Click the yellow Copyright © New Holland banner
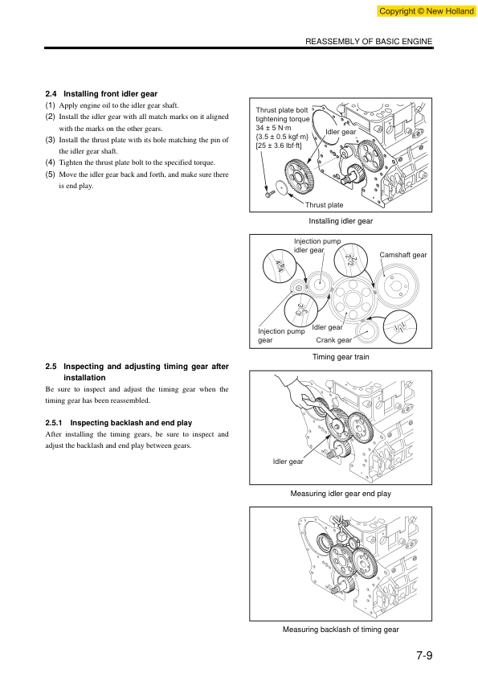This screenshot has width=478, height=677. point(427,11)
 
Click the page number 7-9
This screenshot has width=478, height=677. point(424,655)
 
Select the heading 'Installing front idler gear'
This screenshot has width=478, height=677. point(110,94)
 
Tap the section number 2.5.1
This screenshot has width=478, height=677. point(54,423)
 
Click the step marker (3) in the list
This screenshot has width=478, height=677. point(51,139)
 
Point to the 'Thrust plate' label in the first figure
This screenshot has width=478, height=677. point(324,205)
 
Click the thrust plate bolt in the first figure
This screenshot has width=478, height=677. point(269,195)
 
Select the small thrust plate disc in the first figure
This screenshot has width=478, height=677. point(281,187)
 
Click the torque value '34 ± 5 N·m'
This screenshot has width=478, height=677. point(273,128)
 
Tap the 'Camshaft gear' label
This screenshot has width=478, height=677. point(403,255)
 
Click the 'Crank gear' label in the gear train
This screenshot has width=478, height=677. point(333,340)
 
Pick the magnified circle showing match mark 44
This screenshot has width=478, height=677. point(279,266)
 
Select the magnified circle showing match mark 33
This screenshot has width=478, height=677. point(300,310)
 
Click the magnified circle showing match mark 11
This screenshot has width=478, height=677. point(400,327)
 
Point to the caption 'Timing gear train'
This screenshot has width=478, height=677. point(341,357)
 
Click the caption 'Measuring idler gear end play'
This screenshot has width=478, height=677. point(341,493)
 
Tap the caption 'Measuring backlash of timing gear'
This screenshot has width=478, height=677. point(341,629)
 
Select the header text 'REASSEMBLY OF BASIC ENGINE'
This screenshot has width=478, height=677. point(369,42)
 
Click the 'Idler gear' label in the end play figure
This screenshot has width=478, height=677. point(288,462)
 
